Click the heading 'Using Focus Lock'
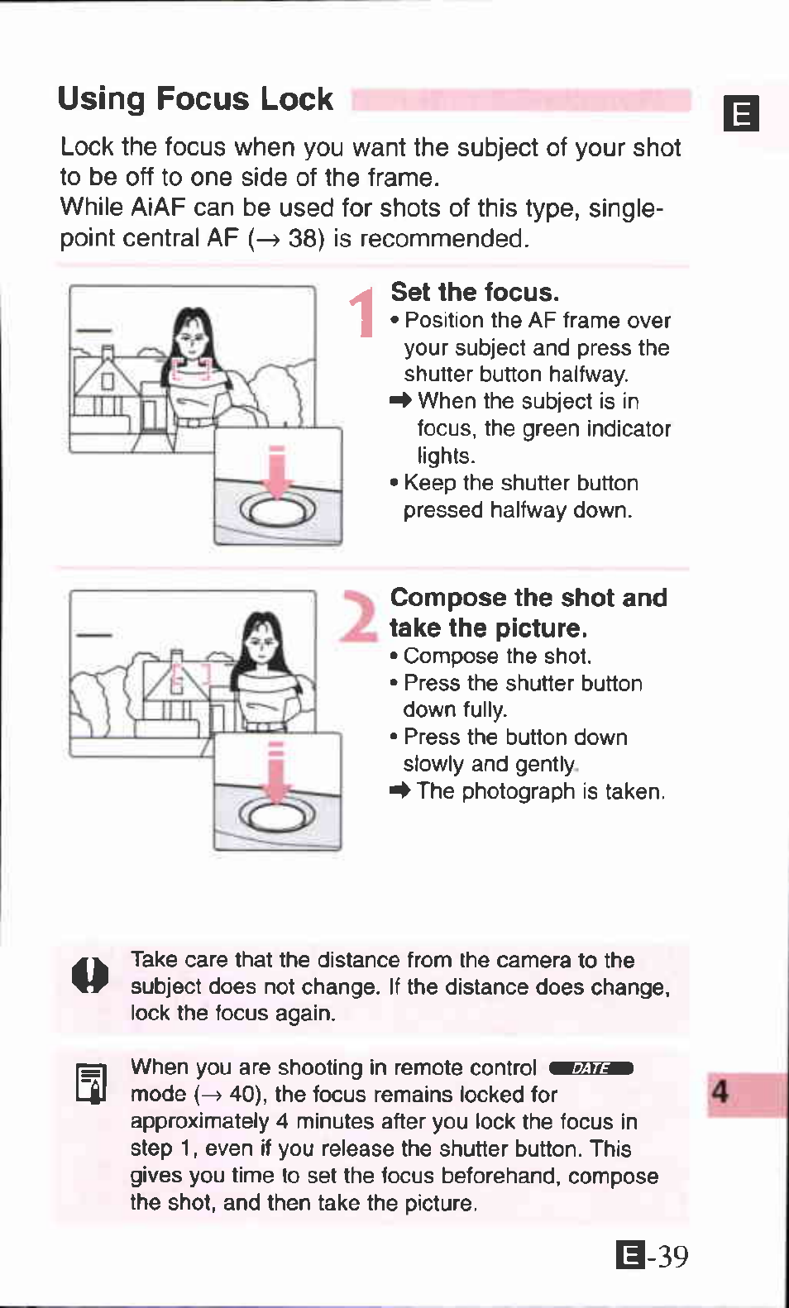point(195,98)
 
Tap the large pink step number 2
point(359,616)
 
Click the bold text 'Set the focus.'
point(475,292)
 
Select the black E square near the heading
point(741,113)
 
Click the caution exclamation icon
point(90,975)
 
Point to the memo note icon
point(91,1084)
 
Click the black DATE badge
point(591,1068)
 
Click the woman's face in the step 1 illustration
point(192,339)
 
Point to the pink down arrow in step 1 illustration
point(277,472)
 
